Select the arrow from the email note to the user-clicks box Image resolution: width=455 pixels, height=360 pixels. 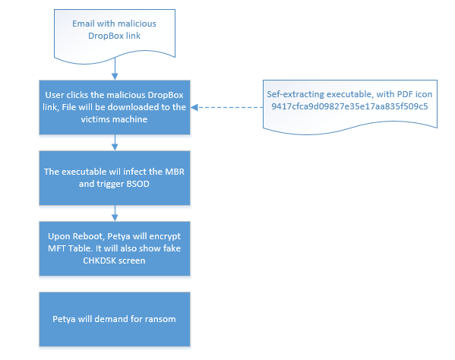coord(115,68)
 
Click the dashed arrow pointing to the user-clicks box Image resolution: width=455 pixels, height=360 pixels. coord(226,107)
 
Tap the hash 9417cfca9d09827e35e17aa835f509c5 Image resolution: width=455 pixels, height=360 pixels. coord(349,106)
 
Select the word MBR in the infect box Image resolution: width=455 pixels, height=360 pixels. coord(175,172)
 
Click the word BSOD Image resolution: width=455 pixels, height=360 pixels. coord(138,184)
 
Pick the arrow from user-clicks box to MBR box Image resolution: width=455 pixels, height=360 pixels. coord(115,143)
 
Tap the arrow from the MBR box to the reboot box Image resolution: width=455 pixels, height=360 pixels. coord(115,213)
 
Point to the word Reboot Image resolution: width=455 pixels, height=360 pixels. coord(88,236)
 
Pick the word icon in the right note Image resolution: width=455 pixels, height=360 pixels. coord(424,94)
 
